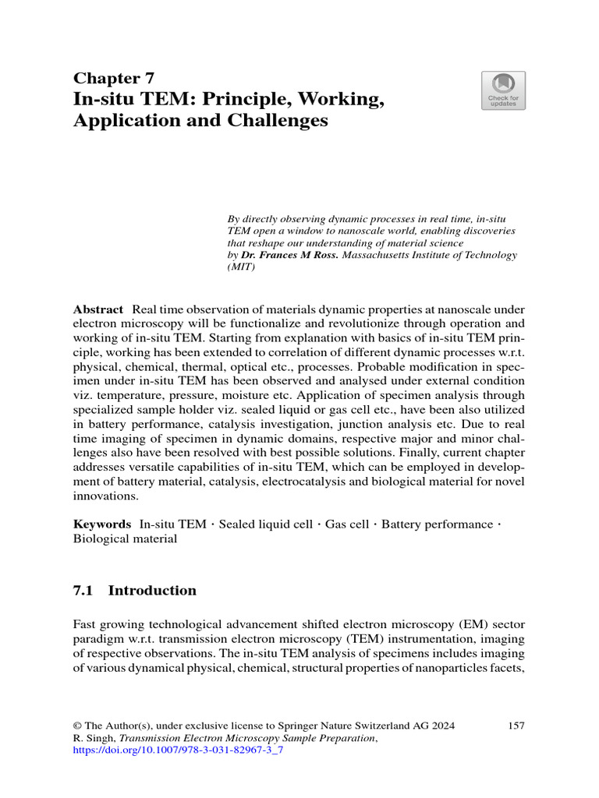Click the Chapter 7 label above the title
pyautogui.click(x=113, y=78)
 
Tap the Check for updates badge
pyautogui.click(x=503, y=90)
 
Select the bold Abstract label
pyautogui.click(x=97, y=309)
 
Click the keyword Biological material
pyautogui.click(x=125, y=538)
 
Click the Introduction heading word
pyautogui.click(x=152, y=591)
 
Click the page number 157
pyautogui.click(x=516, y=726)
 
